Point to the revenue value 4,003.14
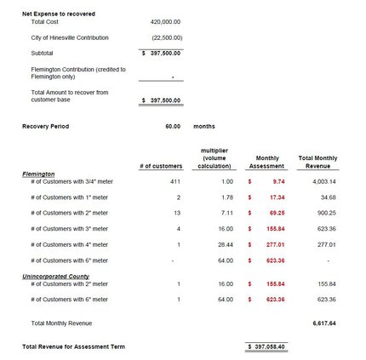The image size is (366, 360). pyautogui.click(x=325, y=181)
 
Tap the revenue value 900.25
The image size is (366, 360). pyautogui.click(x=327, y=212)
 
